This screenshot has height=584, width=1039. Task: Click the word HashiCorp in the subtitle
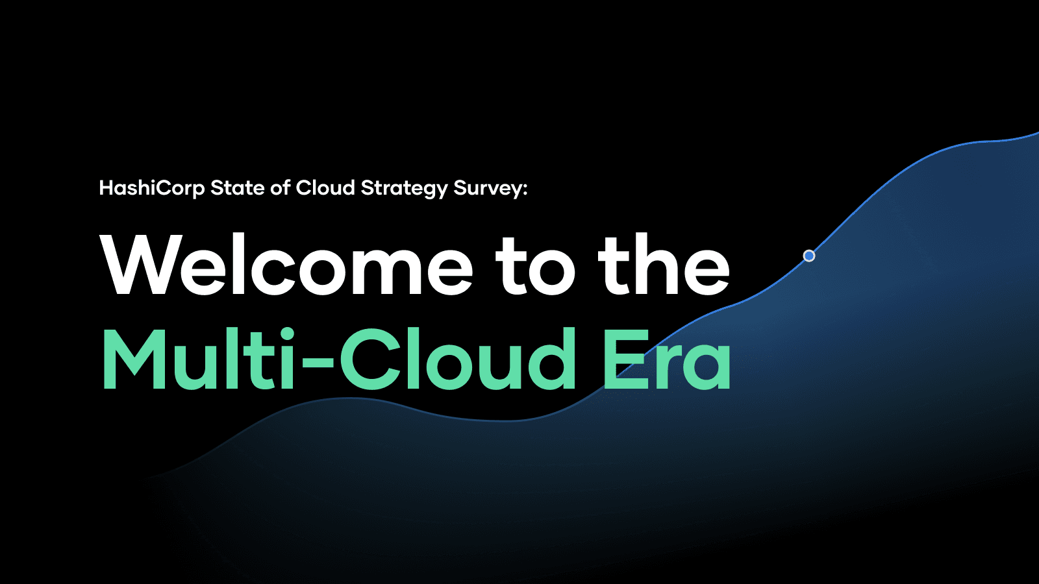click(x=152, y=188)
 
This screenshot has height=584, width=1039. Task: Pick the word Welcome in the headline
click(x=287, y=265)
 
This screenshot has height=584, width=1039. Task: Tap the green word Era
click(x=667, y=359)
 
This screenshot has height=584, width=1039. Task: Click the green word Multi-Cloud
click(x=338, y=358)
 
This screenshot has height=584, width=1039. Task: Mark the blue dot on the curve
click(x=809, y=256)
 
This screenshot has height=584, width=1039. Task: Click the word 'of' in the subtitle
click(x=280, y=188)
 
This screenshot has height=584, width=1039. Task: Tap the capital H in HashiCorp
click(x=106, y=188)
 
